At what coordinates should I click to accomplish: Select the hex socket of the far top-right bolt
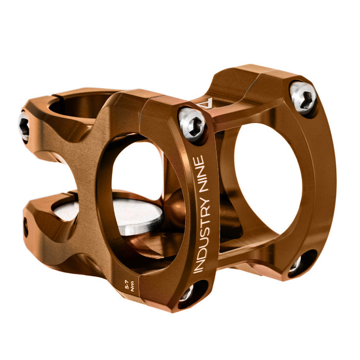(x=303, y=97)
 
